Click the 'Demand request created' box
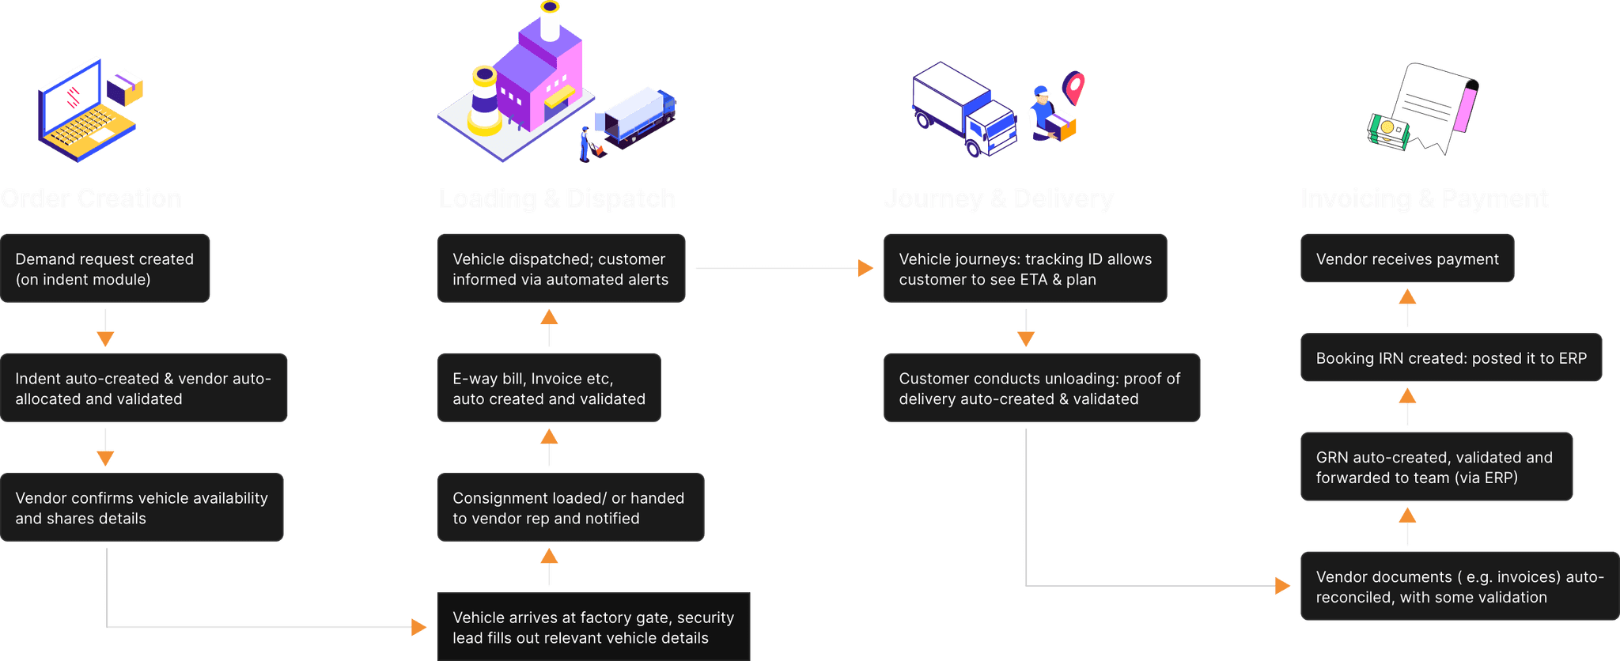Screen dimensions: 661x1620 105,269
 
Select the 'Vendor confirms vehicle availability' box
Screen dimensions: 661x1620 142,508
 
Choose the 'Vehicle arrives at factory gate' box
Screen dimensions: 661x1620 593,627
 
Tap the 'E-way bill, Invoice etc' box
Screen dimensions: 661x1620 549,388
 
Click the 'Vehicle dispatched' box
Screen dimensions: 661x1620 561,269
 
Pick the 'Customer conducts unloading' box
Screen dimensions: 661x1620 1041,388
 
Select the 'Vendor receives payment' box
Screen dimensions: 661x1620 1407,259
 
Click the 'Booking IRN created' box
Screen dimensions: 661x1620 1451,358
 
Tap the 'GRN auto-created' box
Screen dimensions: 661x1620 1436,466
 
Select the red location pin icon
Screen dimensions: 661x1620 1073,87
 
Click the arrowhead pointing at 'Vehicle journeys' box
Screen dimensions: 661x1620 866,269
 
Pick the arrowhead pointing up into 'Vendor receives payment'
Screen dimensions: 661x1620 1407,297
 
